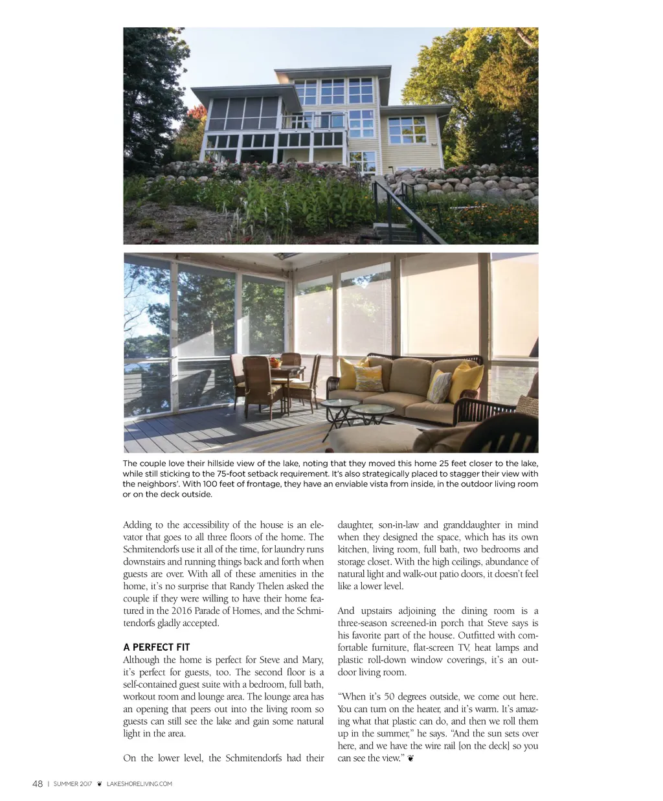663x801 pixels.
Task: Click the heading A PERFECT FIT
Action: [156, 647]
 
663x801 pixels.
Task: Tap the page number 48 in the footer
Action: [38, 784]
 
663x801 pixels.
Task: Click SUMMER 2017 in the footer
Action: [72, 784]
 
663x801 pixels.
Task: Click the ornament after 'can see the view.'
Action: [410, 758]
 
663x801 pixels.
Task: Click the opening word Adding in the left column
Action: [137, 525]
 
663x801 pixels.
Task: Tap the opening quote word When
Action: [354, 697]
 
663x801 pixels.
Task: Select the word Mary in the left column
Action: [312, 660]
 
